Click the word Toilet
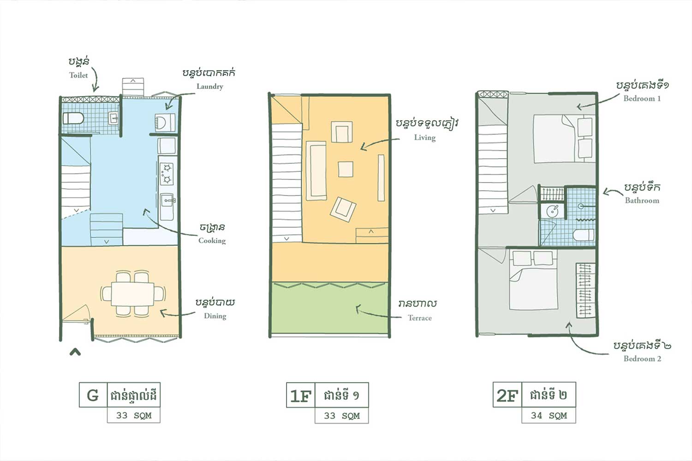click(78, 75)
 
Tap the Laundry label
click(210, 87)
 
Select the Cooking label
click(212, 241)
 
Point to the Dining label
click(215, 316)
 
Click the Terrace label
click(419, 318)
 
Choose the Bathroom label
click(642, 201)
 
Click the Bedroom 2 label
click(642, 359)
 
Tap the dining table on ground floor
click(133, 294)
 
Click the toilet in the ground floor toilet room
click(73, 118)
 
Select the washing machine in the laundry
click(165, 123)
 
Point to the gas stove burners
click(167, 173)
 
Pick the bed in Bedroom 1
click(564, 139)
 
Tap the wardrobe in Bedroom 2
click(586, 290)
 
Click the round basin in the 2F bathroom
click(552, 212)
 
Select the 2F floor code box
click(507, 395)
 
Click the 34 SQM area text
click(549, 416)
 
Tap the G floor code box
click(93, 395)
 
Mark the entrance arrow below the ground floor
click(75, 352)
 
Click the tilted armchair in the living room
click(343, 209)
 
